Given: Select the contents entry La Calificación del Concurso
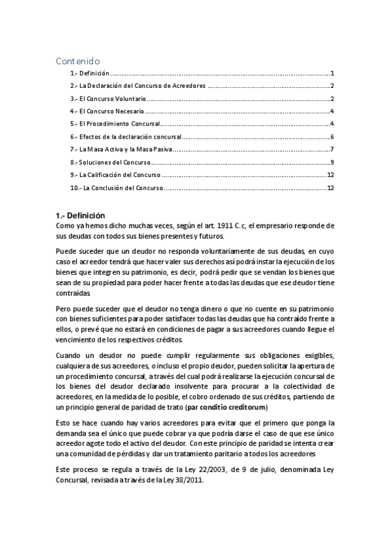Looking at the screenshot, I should (x=115, y=175).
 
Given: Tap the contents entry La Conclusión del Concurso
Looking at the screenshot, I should (x=116, y=187).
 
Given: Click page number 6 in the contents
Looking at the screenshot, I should (x=332, y=137).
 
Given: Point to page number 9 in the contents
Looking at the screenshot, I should (x=332, y=162).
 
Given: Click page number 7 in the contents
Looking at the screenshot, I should (x=332, y=149).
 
